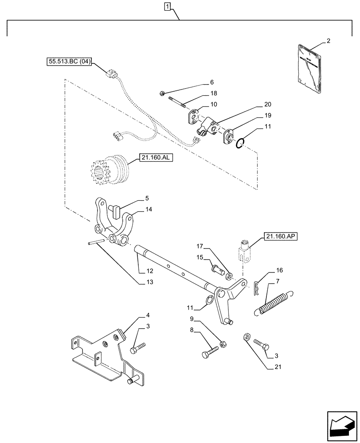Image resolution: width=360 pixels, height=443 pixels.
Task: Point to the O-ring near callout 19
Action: pos(239,143)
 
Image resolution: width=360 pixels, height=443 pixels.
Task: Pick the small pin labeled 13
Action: pos(95,241)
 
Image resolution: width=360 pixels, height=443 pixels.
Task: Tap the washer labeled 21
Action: pos(245,337)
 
